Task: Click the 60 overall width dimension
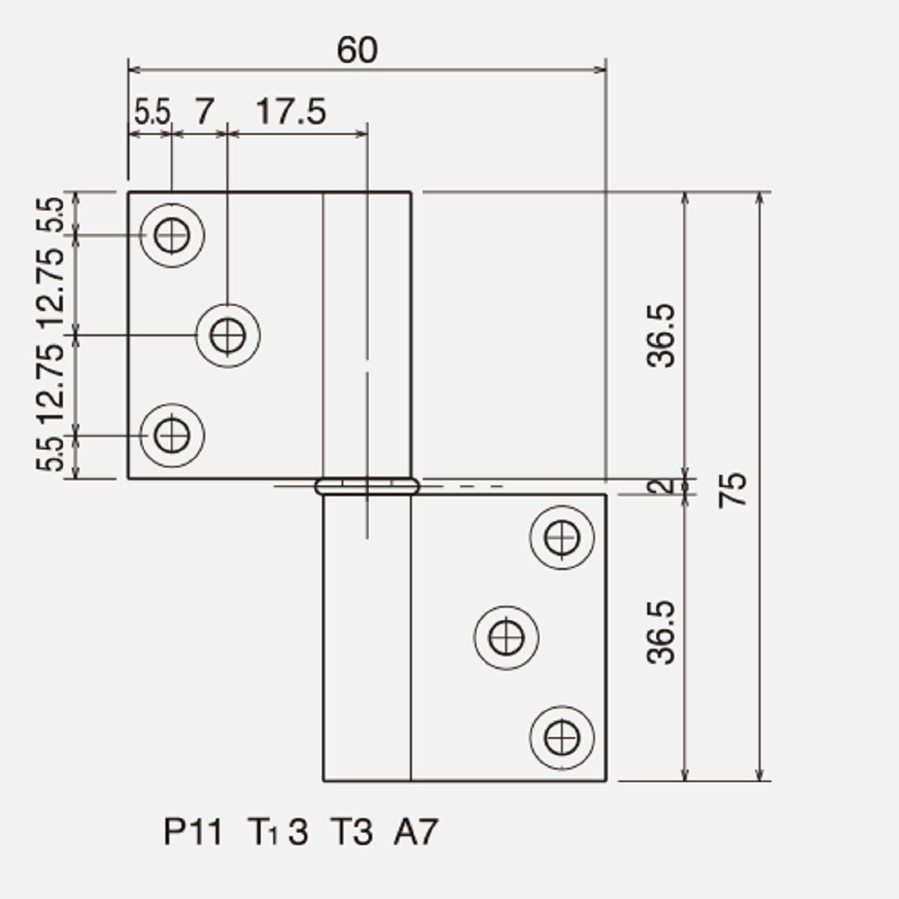[357, 50]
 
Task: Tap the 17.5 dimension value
[291, 112]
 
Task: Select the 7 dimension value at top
[205, 112]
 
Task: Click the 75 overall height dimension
[733, 490]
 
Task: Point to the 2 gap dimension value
[662, 486]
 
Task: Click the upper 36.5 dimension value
[661, 336]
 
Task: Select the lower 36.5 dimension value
[661, 632]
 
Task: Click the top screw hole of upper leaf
[172, 235]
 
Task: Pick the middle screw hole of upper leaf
[228, 336]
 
